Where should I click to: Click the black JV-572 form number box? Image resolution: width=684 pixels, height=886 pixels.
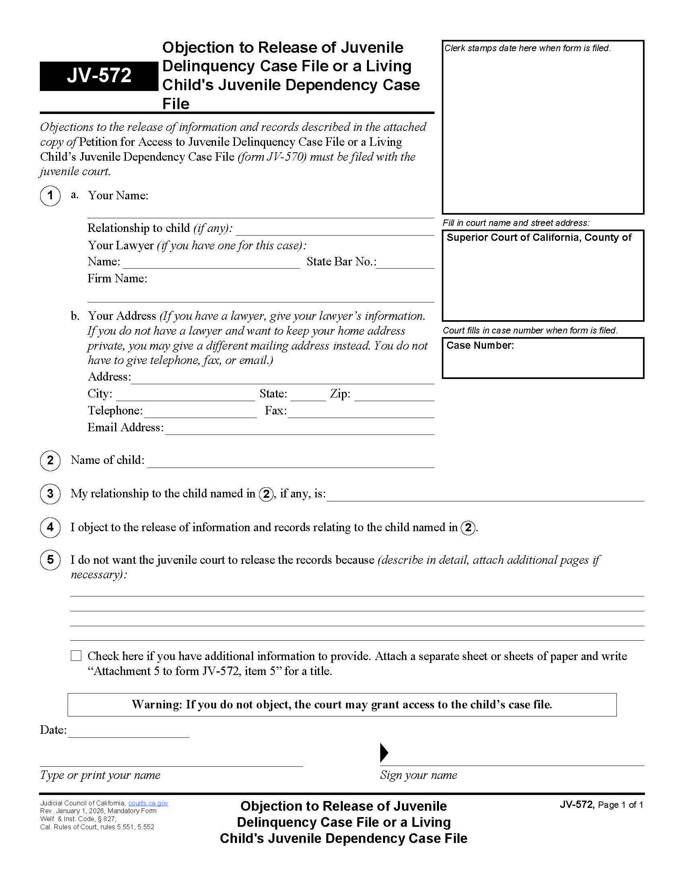99,76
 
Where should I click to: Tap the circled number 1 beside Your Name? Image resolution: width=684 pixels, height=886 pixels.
50,196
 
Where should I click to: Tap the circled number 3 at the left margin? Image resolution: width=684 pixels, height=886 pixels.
50,494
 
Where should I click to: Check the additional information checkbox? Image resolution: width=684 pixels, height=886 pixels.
76,656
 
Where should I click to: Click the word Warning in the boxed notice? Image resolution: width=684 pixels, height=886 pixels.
157,705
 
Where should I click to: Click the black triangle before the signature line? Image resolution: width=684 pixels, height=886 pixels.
384,753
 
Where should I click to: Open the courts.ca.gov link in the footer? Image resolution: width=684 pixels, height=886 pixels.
148,803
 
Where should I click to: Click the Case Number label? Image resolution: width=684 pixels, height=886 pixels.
480,346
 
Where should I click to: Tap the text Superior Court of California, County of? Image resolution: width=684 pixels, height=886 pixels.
538,238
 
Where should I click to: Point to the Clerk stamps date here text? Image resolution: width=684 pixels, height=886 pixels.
527,48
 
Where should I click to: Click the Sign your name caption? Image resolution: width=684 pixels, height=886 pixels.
418,775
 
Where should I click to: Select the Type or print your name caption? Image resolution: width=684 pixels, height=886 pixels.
100,775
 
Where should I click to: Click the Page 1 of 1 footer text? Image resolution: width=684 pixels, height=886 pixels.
620,805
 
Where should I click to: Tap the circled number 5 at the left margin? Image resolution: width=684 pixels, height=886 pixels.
50,560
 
